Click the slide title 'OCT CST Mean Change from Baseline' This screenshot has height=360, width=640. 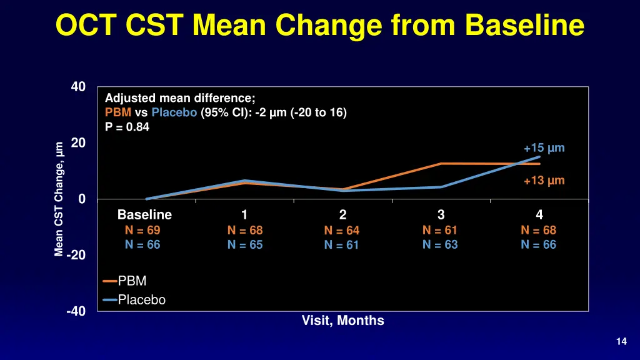point(319,26)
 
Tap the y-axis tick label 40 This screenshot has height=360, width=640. point(78,87)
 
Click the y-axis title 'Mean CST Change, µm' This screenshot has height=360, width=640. point(59,199)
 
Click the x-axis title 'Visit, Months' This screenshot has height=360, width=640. point(342,321)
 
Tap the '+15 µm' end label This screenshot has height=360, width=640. point(544,148)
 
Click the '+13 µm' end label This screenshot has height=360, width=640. point(544,181)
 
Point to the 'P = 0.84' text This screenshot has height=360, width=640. point(127,127)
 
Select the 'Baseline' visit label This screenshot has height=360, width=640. point(144,215)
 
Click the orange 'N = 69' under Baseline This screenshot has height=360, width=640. point(142,230)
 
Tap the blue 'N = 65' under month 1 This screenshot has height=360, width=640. point(245,245)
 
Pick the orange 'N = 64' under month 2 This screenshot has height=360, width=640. point(342,231)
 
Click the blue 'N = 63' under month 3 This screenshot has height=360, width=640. point(440,245)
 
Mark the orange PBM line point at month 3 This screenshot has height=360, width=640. point(441,164)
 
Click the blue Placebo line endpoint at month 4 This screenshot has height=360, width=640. point(539,157)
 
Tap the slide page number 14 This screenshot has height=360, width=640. point(621,341)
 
